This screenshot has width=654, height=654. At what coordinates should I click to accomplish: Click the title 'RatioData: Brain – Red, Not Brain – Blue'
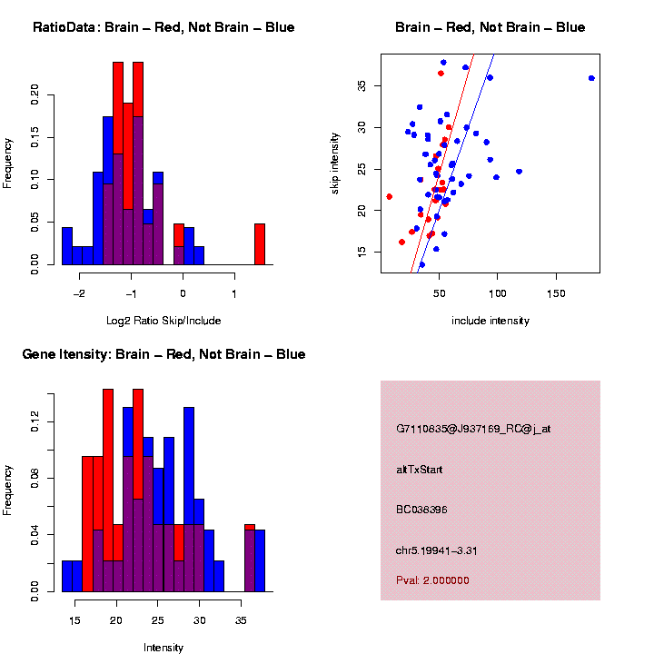163,27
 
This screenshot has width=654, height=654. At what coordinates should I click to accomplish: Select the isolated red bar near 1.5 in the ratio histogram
260,243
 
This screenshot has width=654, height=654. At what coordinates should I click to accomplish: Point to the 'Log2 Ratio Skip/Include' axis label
163,321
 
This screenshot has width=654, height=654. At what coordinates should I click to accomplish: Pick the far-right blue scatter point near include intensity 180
591,78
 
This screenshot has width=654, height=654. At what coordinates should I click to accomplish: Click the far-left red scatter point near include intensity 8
390,196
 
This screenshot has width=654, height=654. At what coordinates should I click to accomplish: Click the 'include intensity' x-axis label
490,321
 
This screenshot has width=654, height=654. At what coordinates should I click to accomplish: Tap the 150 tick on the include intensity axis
556,294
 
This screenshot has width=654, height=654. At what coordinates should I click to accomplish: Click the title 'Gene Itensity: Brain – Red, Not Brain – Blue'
163,354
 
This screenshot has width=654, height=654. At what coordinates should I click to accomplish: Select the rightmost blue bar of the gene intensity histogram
260,560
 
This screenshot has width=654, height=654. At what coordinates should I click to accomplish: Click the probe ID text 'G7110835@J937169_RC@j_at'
473,428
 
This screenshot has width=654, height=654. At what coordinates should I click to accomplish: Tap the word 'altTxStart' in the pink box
420,470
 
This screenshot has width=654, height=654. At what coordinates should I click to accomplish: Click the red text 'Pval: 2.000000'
432,580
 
